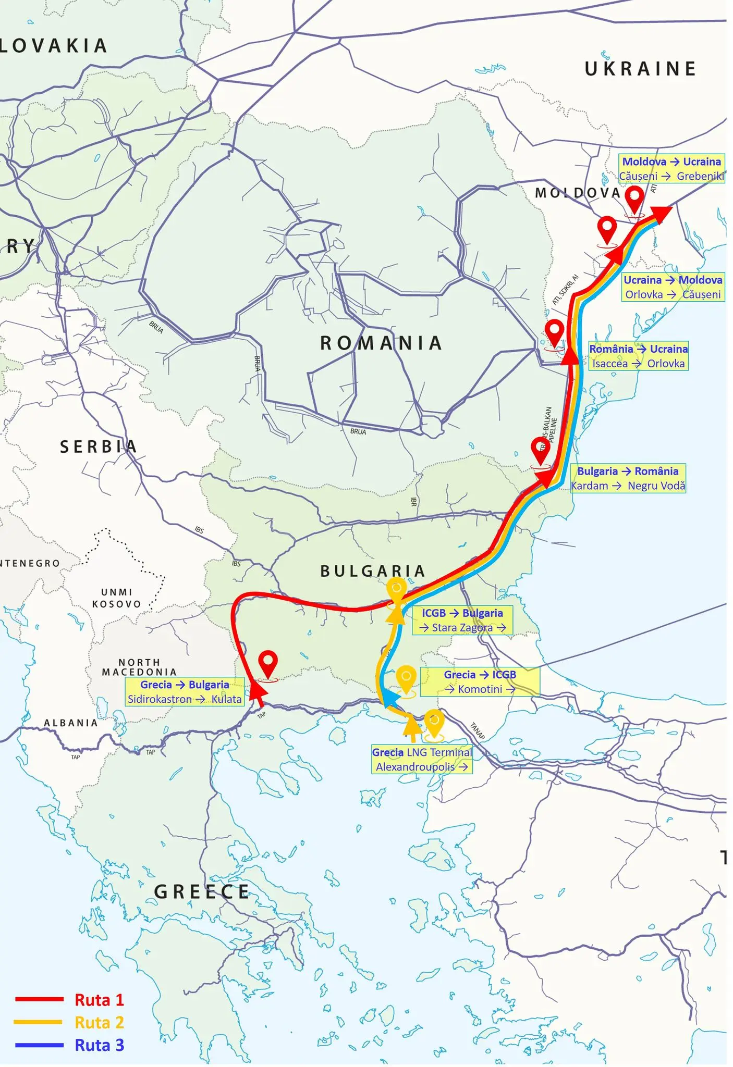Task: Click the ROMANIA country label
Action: click(381, 343)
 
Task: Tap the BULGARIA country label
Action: click(372, 571)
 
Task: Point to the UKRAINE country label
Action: click(640, 69)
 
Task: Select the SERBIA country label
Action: click(98, 447)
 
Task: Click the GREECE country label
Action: click(202, 892)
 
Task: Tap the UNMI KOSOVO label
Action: click(117, 598)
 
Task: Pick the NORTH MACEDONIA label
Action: click(139, 667)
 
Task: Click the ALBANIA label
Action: click(71, 723)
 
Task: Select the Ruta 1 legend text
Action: click(99, 1000)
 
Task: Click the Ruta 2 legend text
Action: click(99, 1022)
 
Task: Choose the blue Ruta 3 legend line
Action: click(39, 1045)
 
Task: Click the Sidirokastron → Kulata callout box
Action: click(185, 692)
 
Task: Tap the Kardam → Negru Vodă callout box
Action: click(628, 478)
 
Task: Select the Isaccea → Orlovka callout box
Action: click(638, 356)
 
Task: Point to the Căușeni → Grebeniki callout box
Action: click(671, 169)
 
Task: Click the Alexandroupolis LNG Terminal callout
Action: click(422, 760)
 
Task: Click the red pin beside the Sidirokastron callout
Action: click(268, 664)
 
